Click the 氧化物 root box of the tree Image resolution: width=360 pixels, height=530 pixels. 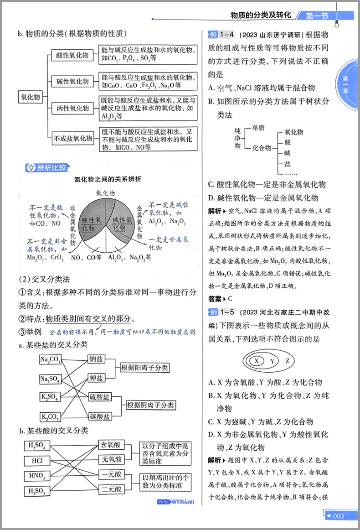(31, 97)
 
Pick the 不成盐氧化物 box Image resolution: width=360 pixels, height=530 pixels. (73, 138)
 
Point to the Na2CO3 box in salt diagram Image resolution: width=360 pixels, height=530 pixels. (50, 360)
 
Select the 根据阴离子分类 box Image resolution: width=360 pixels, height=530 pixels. (151, 405)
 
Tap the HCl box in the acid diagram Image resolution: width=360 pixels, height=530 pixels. (38, 461)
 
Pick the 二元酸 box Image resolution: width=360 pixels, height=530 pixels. (111, 489)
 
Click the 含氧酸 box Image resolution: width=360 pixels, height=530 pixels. (111, 445)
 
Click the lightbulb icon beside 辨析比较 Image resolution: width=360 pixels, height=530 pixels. (31, 167)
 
